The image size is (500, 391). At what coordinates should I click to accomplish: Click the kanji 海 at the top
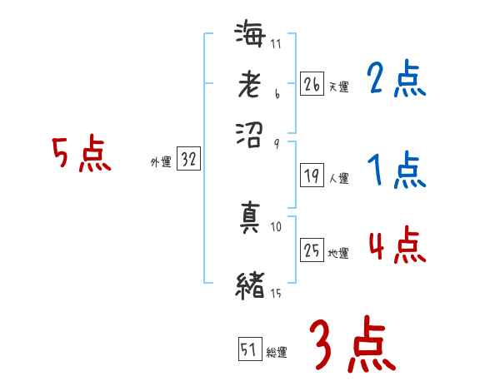click(x=251, y=36)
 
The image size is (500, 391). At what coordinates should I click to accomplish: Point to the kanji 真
click(x=251, y=217)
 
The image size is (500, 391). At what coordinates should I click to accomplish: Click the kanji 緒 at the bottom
click(x=251, y=285)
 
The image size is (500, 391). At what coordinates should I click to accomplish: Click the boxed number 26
click(x=312, y=84)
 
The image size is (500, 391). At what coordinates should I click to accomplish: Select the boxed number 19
click(x=312, y=176)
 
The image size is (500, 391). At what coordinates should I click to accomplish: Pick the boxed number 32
click(x=188, y=161)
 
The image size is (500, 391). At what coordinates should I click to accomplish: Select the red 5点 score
click(x=82, y=156)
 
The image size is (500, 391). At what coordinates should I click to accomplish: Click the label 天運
click(x=338, y=87)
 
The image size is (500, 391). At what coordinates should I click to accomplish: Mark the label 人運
click(x=338, y=178)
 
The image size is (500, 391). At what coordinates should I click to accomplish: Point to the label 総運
click(x=277, y=353)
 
